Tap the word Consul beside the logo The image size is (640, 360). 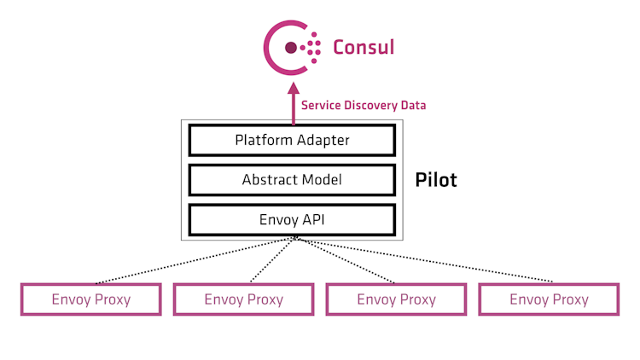tap(364, 47)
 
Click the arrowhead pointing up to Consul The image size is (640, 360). tap(293, 88)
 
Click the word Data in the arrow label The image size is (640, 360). tap(413, 106)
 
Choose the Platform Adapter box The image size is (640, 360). tap(292, 140)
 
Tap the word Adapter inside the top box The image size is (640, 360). tap(322, 140)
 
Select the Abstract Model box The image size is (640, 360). tap(292, 180)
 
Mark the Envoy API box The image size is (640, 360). tap(292, 219)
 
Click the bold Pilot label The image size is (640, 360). tap(436, 180)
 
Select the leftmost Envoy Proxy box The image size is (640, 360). tap(90, 299)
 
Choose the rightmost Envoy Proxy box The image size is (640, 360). tap(549, 299)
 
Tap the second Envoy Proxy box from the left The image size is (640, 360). tap(243, 299)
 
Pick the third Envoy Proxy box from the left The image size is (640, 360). tap(396, 299)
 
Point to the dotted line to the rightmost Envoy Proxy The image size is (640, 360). tap(427, 261)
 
